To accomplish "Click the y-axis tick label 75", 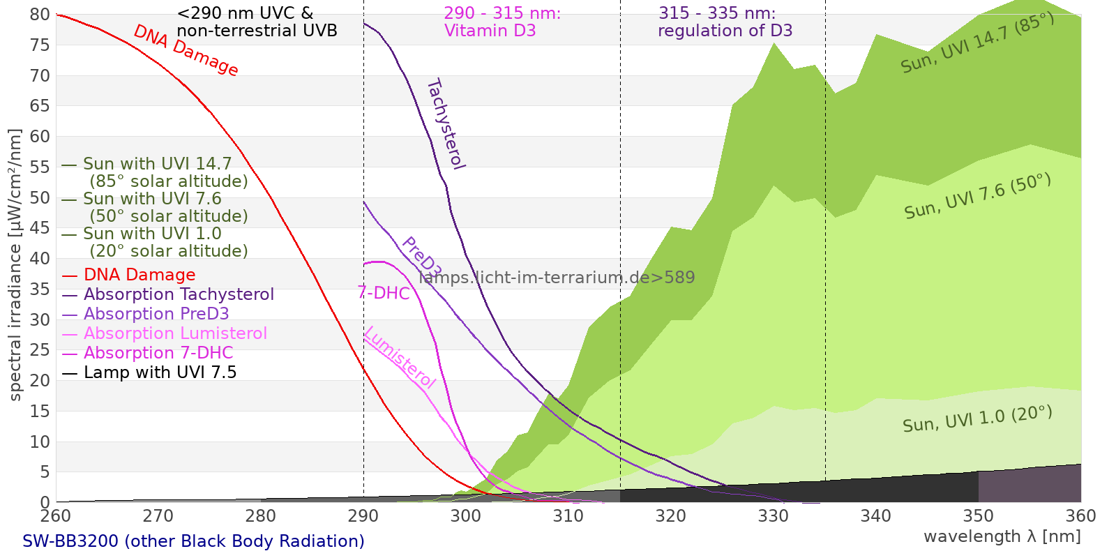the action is [40, 45].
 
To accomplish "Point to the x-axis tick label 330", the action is [774, 515].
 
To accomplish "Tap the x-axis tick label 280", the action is [261, 515].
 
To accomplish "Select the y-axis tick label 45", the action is [40, 227].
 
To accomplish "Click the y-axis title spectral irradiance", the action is [15, 266].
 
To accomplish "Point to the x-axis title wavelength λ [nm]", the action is [1002, 537].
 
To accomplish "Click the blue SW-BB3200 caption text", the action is [193, 541].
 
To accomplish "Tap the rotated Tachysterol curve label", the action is [446, 123].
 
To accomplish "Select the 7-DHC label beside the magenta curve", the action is [384, 293].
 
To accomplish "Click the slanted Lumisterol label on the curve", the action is [400, 358].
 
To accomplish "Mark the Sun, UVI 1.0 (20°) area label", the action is [977, 418].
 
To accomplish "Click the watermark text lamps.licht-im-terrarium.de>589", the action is [557, 278].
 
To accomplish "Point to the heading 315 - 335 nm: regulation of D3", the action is [725, 22].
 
